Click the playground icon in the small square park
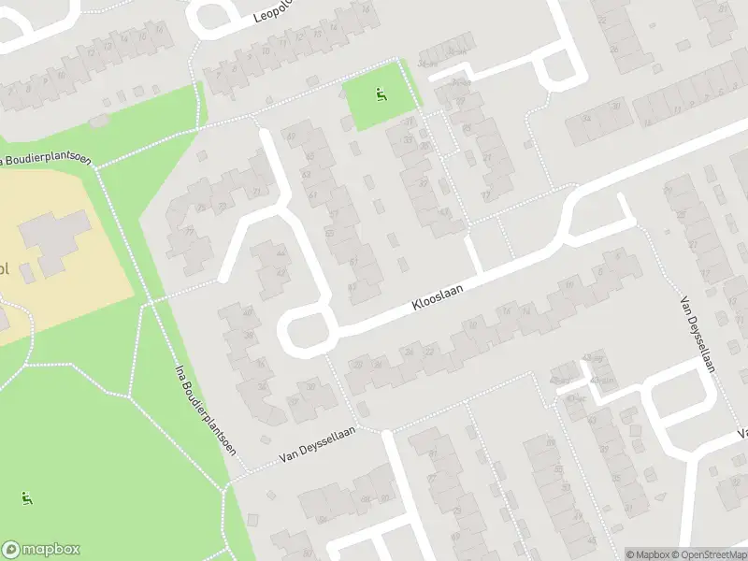(x=381, y=93)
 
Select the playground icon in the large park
(x=28, y=498)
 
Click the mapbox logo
(x=41, y=550)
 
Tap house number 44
(x=280, y=252)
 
